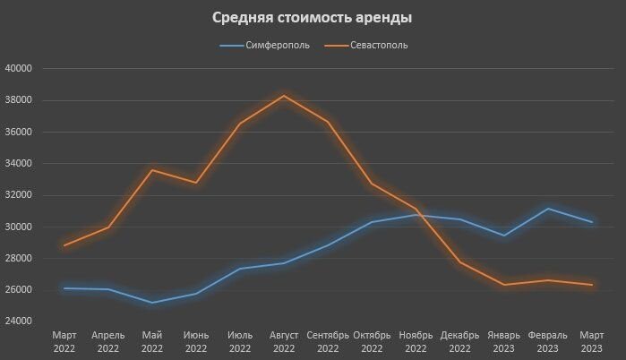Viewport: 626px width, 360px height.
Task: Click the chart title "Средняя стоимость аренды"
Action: click(x=313, y=17)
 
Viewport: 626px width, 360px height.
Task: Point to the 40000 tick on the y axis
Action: click(x=18, y=69)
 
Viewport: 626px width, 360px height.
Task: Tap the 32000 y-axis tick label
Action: click(x=18, y=195)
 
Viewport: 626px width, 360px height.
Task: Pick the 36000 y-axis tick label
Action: click(x=18, y=133)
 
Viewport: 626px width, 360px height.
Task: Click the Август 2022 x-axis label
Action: click(x=284, y=341)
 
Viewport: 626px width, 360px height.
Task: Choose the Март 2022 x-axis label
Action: click(x=64, y=341)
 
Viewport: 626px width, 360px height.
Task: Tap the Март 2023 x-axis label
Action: click(x=592, y=341)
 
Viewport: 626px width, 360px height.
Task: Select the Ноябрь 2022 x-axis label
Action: click(x=416, y=341)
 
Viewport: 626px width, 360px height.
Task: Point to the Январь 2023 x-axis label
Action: click(x=504, y=341)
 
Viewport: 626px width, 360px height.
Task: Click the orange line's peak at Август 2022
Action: click(x=284, y=96)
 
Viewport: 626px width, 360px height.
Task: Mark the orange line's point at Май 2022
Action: click(x=152, y=170)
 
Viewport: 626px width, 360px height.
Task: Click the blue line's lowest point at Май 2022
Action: click(x=152, y=303)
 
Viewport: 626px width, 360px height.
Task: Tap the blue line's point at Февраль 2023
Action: click(x=548, y=209)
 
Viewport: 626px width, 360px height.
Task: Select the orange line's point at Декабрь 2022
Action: click(x=460, y=262)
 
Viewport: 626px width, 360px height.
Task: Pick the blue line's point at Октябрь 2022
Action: click(x=372, y=222)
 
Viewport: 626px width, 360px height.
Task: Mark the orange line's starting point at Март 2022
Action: click(x=64, y=245)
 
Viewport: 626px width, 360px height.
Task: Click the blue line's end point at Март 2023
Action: click(x=592, y=222)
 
